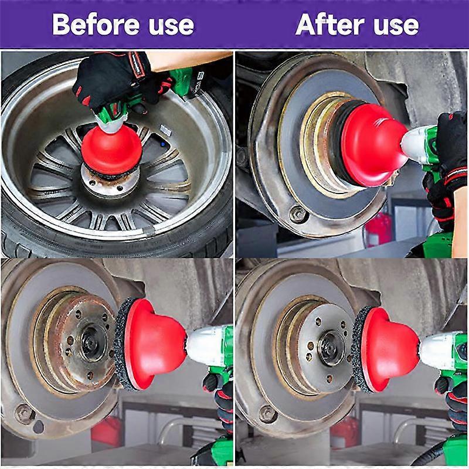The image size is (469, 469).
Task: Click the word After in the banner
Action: coord(330,24)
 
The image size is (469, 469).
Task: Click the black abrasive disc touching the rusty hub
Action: coord(122,344)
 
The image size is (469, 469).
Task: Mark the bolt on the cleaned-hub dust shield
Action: coord(268,414)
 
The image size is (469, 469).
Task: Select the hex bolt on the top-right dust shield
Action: coord(298,213)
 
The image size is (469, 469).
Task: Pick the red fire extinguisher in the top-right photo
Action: coord(378,228)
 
